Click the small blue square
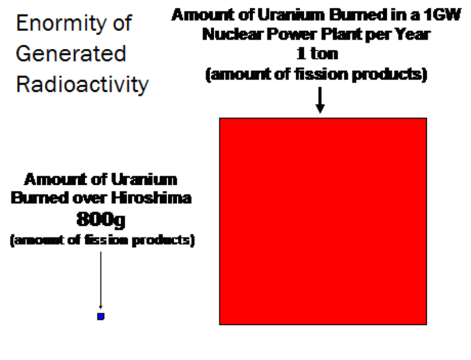[101, 316]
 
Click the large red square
[323, 221]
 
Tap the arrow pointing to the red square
[320, 100]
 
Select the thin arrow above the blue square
[101, 280]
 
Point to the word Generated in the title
[71, 54]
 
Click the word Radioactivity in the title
[82, 85]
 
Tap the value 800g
[101, 219]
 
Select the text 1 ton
[317, 54]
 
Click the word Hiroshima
[151, 198]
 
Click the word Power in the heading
[291, 34]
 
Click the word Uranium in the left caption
[144, 179]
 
